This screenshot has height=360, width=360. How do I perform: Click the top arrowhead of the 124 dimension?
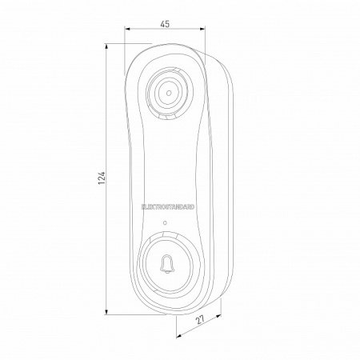tap(109, 46)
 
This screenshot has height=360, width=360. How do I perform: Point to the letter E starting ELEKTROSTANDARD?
tap(142, 206)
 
